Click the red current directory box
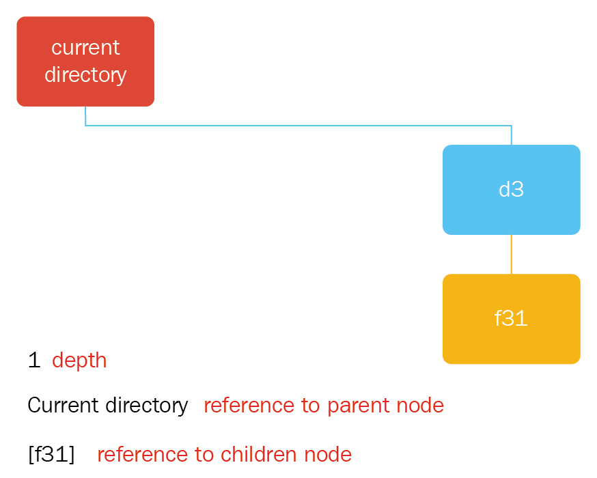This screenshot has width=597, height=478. click(85, 61)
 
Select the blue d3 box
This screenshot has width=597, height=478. click(512, 190)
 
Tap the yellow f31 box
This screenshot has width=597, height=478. click(512, 319)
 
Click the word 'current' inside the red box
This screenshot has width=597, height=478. click(85, 48)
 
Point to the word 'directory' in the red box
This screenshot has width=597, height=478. click(85, 75)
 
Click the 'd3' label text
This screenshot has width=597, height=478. click(512, 189)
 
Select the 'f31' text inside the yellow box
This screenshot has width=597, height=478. click(511, 318)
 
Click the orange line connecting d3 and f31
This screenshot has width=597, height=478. click(512, 254)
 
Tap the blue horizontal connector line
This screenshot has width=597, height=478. click(298, 125)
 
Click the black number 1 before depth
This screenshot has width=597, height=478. click(34, 360)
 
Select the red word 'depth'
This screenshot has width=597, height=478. click(79, 361)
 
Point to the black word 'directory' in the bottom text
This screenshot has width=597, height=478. click(147, 406)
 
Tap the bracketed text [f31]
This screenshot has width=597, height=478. click(51, 454)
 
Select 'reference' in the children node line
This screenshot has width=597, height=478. click(142, 455)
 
